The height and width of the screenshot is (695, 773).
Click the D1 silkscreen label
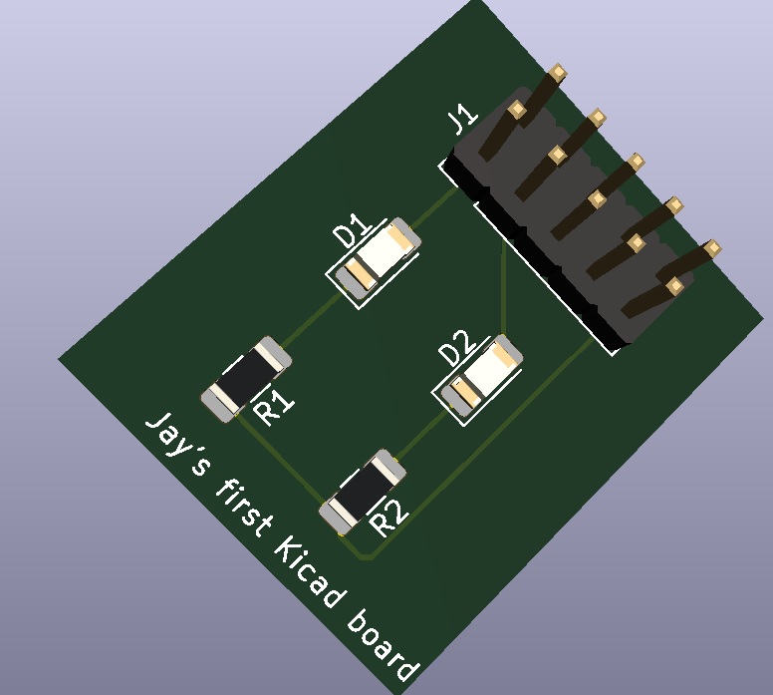point(352,229)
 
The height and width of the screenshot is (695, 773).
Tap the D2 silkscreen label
point(457,348)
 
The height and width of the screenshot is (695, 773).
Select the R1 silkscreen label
point(274,406)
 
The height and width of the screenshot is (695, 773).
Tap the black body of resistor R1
point(245,377)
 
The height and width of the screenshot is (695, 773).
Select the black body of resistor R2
point(363,491)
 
